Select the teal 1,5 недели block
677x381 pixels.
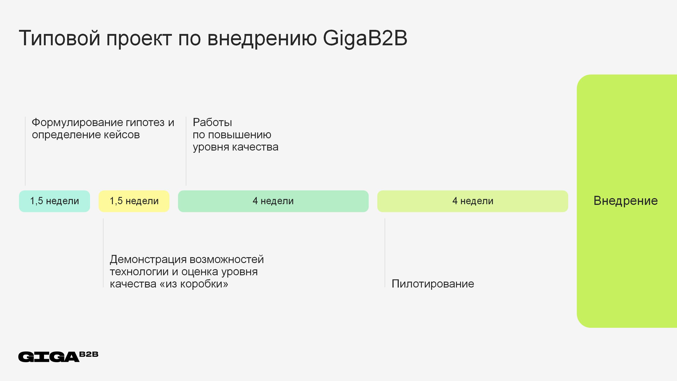pyautogui.click(x=55, y=201)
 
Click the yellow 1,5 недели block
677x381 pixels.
pyautogui.click(x=134, y=201)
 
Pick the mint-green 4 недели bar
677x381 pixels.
pyautogui.click(x=273, y=201)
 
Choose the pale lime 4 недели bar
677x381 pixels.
pyautogui.click(x=473, y=201)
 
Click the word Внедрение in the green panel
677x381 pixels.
pyautogui.click(x=626, y=201)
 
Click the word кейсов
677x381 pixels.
pyautogui.click(x=122, y=135)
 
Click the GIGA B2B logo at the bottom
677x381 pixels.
pyautogui.click(x=58, y=357)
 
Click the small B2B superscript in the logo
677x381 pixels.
pyautogui.click(x=89, y=354)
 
